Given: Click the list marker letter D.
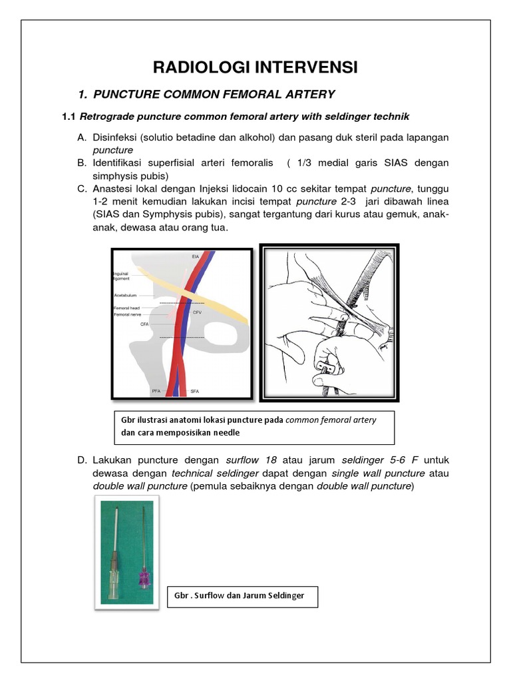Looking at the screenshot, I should (x=83, y=460).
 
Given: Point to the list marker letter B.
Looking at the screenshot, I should (x=83, y=163).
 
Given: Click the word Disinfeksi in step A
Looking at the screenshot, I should (x=116, y=137).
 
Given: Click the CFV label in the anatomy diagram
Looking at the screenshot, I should (x=197, y=312).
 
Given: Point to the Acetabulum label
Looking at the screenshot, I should (x=126, y=295).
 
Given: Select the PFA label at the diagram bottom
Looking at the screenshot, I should (x=156, y=392).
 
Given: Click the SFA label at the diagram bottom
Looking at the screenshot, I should (x=195, y=392).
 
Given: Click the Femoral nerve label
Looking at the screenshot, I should (x=128, y=314).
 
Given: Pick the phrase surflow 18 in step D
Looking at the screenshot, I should (x=252, y=460).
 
